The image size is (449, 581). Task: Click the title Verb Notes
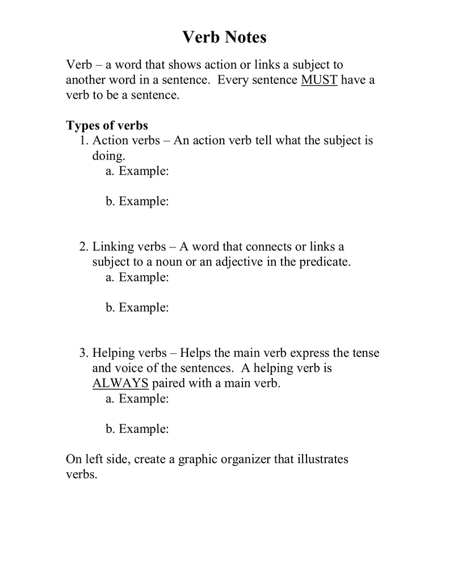pos(224,38)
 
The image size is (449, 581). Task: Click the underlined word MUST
pos(319,79)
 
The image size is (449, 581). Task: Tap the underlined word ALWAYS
pos(120,383)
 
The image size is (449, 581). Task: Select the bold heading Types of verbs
pos(107,125)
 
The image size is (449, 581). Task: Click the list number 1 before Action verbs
pos(84,140)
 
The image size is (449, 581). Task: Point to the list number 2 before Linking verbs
pos(84,247)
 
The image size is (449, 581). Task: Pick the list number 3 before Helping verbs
pos(84,353)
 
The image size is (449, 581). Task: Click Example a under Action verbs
pos(137,171)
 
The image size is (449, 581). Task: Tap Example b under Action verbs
pos(137,201)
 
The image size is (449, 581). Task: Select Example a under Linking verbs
pos(137,277)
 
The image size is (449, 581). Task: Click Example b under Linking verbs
pos(137,308)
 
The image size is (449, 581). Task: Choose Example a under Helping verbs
pos(137,399)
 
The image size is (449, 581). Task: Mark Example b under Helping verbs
pos(137,429)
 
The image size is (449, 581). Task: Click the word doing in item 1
pos(108,156)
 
